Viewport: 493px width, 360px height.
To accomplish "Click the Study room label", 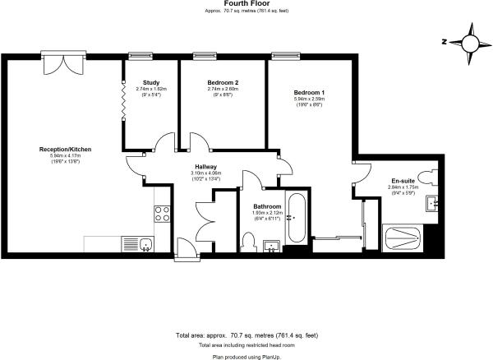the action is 151,83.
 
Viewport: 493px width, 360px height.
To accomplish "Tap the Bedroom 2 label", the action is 223,83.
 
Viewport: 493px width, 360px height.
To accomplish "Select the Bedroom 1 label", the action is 309,93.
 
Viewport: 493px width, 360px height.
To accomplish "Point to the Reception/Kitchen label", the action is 66,150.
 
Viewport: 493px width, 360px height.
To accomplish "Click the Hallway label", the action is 206,167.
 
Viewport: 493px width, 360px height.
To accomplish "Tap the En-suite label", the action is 403,181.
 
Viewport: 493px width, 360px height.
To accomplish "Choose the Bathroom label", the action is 267,206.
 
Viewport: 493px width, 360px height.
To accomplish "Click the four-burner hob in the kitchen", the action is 162,214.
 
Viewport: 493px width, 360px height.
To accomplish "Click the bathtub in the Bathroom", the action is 296,218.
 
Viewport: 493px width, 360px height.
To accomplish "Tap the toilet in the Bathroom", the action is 250,242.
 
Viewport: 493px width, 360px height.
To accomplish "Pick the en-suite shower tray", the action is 403,238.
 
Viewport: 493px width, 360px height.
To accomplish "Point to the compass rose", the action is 470,43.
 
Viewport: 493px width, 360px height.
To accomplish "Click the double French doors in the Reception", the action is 63,63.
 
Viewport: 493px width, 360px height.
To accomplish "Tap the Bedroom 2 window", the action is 205,56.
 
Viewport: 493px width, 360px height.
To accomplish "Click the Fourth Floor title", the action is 246,4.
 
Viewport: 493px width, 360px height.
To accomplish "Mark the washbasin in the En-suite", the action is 431,204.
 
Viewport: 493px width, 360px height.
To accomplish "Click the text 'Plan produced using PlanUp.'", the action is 246,358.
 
